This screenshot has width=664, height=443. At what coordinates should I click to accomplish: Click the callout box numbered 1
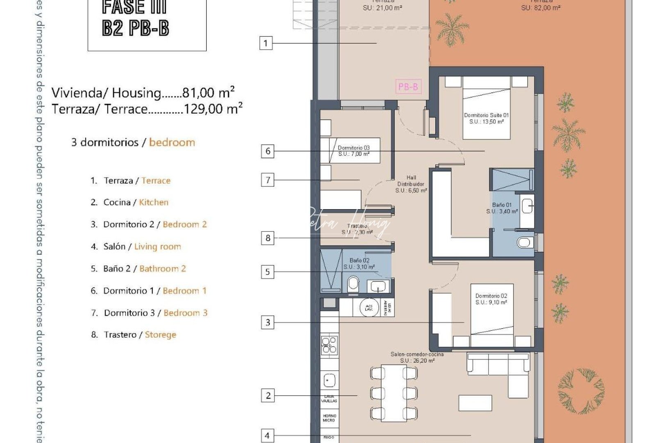click(x=266, y=43)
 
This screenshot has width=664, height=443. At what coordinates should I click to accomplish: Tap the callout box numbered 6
click(x=268, y=151)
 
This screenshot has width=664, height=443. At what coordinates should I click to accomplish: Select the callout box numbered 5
click(x=268, y=272)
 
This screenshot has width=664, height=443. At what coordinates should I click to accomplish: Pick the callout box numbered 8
click(x=268, y=238)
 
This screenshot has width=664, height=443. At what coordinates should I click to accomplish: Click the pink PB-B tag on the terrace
click(x=408, y=87)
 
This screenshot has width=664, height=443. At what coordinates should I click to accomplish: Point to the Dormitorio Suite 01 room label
click(x=486, y=118)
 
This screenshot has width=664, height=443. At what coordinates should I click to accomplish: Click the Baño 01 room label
click(x=502, y=208)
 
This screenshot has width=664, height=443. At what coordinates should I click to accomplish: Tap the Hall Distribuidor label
click(x=411, y=184)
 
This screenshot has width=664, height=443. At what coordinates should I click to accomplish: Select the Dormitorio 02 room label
click(x=491, y=299)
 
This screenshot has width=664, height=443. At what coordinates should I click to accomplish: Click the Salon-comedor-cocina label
click(x=417, y=357)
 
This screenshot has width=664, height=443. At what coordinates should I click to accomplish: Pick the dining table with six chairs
click(x=393, y=393)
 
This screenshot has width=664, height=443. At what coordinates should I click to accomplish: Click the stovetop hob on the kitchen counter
click(x=329, y=345)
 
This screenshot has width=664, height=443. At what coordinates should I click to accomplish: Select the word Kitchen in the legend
click(x=153, y=202)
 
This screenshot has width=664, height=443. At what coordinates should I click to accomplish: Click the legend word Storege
click(x=160, y=335)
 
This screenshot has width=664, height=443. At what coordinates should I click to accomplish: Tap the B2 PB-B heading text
click(x=136, y=28)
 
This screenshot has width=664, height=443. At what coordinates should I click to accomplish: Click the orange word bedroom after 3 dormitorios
click(x=172, y=142)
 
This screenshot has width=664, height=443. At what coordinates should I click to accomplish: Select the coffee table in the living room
click(x=475, y=403)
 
